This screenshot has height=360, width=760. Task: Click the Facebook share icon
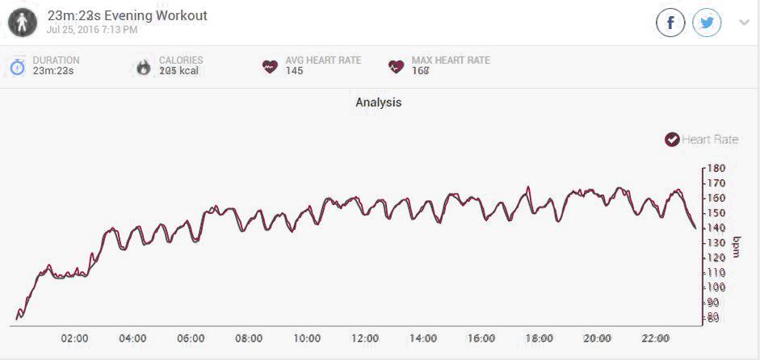pyautogui.click(x=670, y=23)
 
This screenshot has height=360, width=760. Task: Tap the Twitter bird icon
pyautogui.click(x=708, y=23)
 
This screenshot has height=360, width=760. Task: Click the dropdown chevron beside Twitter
pyautogui.click(x=744, y=23)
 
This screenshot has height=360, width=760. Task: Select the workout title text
pyautogui.click(x=128, y=15)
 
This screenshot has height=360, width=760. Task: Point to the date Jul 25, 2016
pyautogui.click(x=92, y=30)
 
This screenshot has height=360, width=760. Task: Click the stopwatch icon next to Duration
pyautogui.click(x=18, y=66)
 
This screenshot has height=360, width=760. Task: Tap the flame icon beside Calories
pyautogui.click(x=144, y=66)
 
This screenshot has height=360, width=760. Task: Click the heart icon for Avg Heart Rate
pyautogui.click(x=270, y=66)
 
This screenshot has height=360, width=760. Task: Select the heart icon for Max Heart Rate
pyautogui.click(x=396, y=66)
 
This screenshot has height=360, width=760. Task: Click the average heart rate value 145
pyautogui.click(x=294, y=71)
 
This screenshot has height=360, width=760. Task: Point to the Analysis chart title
pyautogui.click(x=378, y=103)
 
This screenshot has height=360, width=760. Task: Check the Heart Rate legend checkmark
pyautogui.click(x=672, y=140)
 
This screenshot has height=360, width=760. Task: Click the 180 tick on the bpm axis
pyautogui.click(x=716, y=169)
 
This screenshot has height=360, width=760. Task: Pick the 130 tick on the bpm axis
pyautogui.click(x=716, y=243)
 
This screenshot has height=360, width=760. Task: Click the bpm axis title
pyautogui.click(x=736, y=246)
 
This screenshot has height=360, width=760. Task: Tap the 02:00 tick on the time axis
pyautogui.click(x=74, y=338)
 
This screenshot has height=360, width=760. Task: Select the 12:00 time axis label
pyautogui.click(x=365, y=338)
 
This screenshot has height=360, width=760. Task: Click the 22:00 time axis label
pyautogui.click(x=655, y=338)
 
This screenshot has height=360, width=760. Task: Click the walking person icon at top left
pyautogui.click(x=22, y=22)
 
